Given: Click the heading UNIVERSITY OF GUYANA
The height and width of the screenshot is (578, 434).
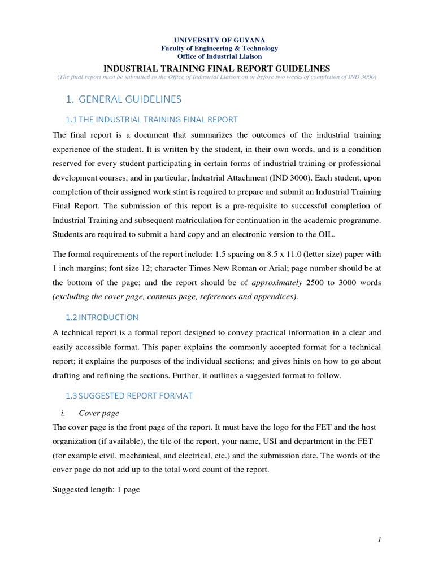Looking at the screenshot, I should tap(219, 40).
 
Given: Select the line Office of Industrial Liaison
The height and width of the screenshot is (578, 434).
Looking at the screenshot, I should tap(219, 56).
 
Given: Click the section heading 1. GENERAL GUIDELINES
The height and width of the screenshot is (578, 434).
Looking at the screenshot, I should tap(123, 99).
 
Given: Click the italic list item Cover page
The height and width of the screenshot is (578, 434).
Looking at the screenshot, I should tap(99, 413).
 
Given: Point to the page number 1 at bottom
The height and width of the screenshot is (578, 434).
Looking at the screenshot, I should tap(380, 540).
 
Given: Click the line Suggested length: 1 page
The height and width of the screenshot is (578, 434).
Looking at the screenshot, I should tap(96, 490).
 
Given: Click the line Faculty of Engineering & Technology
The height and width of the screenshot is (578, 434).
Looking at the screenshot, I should tap(219, 49).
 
